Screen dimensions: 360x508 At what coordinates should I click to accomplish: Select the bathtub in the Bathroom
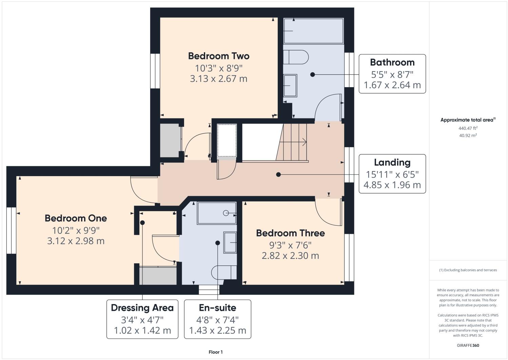(x=313, y=31)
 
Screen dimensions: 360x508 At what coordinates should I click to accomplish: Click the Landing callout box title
(x=392, y=163)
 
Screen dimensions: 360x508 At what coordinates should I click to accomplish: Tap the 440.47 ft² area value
(x=468, y=128)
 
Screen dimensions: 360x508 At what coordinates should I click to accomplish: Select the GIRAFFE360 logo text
(x=468, y=345)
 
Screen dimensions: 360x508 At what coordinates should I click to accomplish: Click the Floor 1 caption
(x=216, y=352)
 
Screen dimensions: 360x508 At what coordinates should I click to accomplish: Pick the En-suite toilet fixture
(x=224, y=272)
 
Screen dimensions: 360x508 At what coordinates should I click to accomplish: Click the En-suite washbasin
(x=230, y=243)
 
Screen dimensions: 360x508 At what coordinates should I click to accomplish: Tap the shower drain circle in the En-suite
(x=226, y=213)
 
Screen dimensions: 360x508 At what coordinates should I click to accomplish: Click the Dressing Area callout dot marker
(x=142, y=223)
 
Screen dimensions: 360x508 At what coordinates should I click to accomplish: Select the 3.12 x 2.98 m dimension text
(x=76, y=241)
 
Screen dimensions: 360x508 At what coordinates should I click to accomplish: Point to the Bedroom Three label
(x=290, y=233)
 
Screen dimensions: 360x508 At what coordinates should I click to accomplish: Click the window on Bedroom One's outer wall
(x=11, y=230)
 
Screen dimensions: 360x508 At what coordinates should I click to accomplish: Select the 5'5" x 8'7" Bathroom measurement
(x=392, y=74)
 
